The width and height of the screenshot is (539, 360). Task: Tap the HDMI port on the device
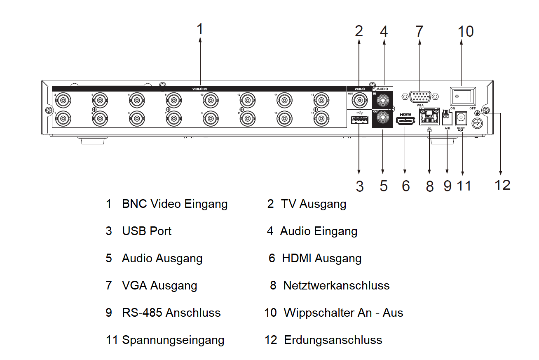click(x=405, y=121)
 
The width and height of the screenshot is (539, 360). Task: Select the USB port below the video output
click(x=359, y=120)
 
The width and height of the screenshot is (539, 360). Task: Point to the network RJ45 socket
click(x=429, y=117)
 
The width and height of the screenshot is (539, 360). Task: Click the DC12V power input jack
click(x=462, y=118)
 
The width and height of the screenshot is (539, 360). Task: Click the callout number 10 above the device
click(x=466, y=31)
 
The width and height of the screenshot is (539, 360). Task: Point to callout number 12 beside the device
click(x=502, y=185)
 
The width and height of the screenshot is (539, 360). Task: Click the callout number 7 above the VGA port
click(x=419, y=31)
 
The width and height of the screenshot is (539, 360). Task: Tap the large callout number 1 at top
click(x=200, y=30)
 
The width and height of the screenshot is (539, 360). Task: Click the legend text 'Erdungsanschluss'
click(x=333, y=340)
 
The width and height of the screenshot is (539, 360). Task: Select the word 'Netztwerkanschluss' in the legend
click(x=336, y=285)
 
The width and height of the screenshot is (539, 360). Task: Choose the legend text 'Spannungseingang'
click(x=173, y=340)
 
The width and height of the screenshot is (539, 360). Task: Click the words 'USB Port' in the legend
click(x=147, y=231)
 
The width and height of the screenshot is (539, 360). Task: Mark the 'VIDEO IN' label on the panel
click(x=200, y=89)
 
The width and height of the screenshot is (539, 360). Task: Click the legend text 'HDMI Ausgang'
click(x=321, y=259)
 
